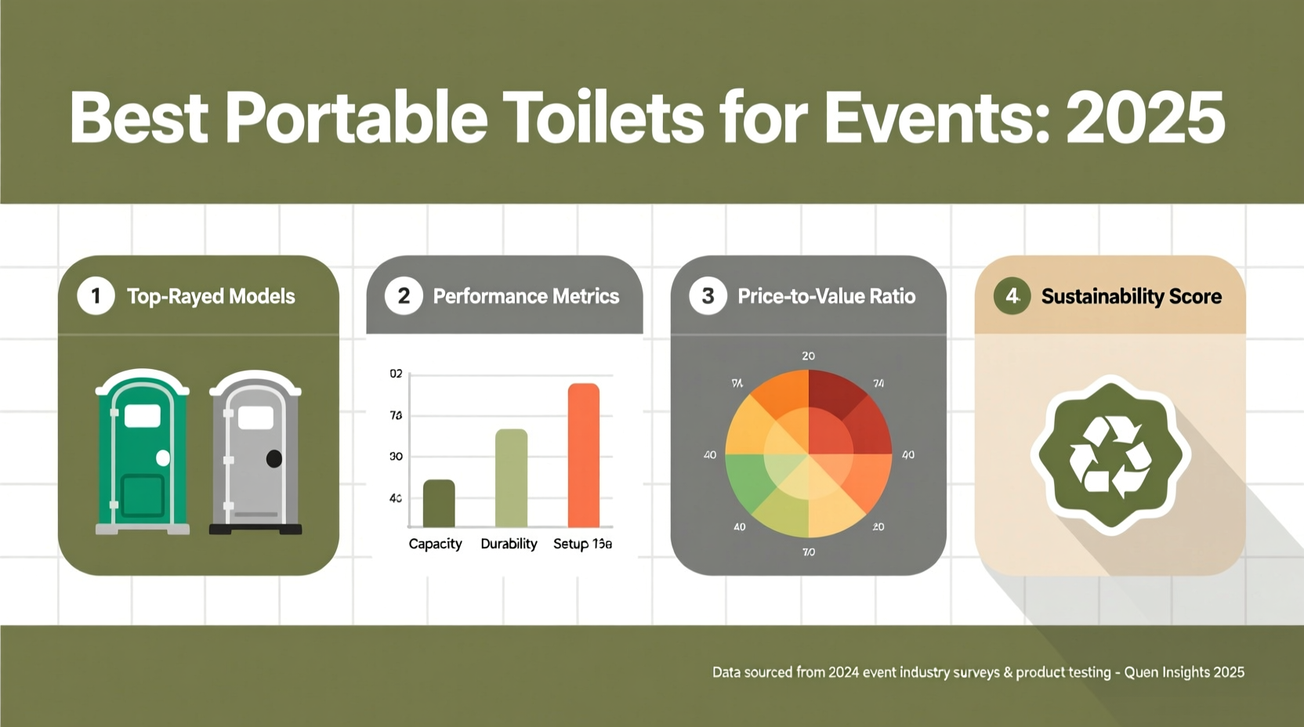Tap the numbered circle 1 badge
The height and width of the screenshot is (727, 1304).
pos(96,296)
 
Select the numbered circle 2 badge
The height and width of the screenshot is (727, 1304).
pos(404,296)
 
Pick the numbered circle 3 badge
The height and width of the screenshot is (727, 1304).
pos(708,296)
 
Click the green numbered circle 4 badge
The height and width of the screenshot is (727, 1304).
pos(1012,296)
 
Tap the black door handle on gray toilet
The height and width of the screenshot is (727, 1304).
pos(273,459)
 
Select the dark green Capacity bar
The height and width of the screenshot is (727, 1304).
pos(439,504)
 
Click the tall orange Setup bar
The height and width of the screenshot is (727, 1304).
pos(584,455)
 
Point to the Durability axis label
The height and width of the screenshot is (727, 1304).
pos(509,544)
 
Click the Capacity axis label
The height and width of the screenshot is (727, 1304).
pos(435,544)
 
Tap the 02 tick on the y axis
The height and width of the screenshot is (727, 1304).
pos(396,374)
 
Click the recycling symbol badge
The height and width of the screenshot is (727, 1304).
pos(1110,455)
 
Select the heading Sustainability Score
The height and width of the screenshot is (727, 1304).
pos(1131,296)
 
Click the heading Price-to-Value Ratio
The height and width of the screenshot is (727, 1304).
pos(826,296)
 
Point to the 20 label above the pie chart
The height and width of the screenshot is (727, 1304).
pos(808,356)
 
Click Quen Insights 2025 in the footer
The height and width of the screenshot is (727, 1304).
pos(1184,672)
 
